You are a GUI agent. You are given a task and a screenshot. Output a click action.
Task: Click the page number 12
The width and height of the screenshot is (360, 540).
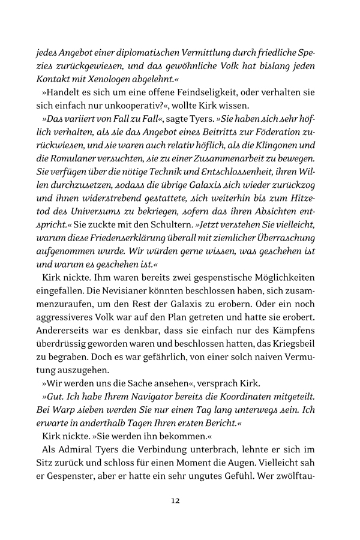176,500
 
